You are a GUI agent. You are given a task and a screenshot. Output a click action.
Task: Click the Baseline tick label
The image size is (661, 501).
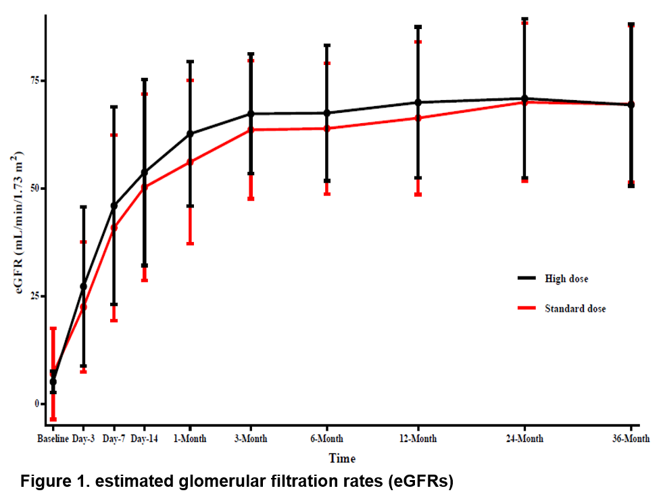[x=53, y=439]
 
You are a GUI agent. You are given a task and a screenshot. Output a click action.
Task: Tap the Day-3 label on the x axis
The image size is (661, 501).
[x=83, y=439]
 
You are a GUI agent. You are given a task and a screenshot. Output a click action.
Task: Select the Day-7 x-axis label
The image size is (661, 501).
[x=114, y=439]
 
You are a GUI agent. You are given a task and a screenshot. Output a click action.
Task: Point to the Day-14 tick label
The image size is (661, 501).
[x=144, y=439]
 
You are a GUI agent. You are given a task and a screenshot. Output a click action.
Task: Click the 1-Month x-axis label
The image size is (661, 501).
[x=190, y=439]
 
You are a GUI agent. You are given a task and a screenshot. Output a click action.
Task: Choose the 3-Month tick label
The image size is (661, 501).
[x=251, y=439]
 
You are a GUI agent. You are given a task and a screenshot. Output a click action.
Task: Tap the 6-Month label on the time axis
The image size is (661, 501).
[x=327, y=439]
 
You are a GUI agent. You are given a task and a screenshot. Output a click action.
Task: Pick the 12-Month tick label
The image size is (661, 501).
[x=418, y=439]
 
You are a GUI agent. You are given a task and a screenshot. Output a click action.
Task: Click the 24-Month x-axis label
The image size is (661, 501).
[x=524, y=439]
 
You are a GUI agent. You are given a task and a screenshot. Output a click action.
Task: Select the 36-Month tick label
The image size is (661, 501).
[x=631, y=439]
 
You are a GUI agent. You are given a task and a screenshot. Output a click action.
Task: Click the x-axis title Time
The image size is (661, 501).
[x=342, y=458]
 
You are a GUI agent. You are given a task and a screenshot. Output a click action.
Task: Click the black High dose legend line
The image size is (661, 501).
[x=527, y=278]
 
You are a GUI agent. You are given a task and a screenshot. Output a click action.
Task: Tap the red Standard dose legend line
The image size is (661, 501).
[x=527, y=308]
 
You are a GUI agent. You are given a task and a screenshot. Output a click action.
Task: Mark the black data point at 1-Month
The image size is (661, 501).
[x=190, y=134]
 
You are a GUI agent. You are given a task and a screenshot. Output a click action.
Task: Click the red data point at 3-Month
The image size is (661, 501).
[x=251, y=129]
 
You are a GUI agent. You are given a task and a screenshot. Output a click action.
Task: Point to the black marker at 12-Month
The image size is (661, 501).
[x=418, y=102]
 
